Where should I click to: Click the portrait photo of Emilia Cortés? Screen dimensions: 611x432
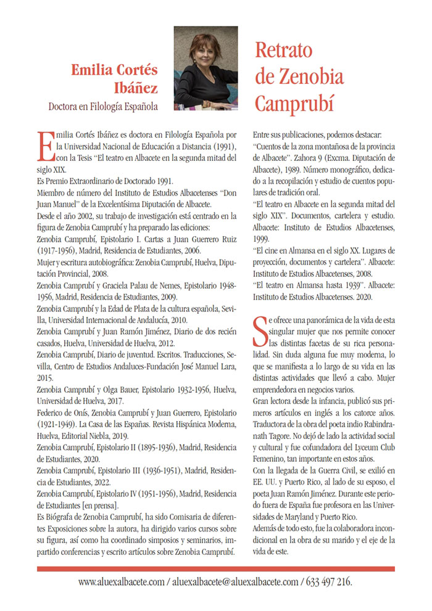point(206,68)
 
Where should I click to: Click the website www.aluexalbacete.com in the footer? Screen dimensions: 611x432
point(122,581)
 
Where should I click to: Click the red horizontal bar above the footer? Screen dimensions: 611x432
point(215,568)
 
